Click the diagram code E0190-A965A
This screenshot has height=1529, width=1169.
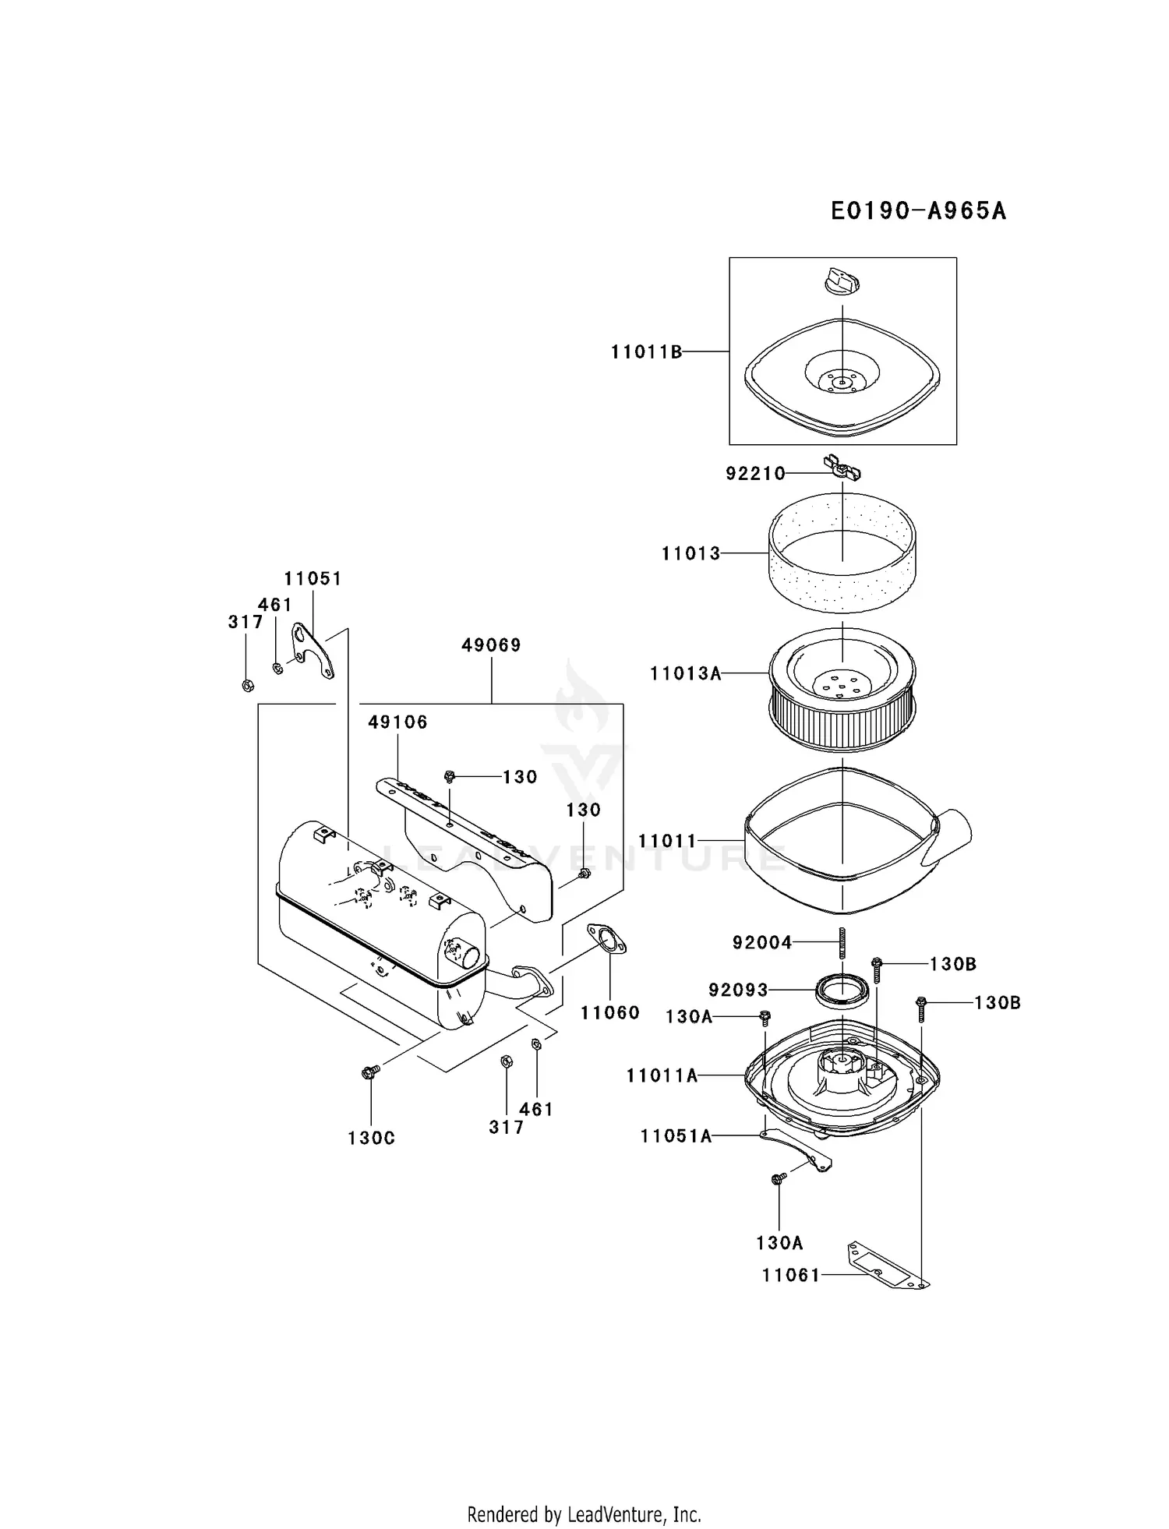(x=918, y=211)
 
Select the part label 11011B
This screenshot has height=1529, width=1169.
(x=646, y=352)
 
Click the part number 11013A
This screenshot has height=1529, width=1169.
(x=686, y=673)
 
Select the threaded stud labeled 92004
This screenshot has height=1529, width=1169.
(x=842, y=944)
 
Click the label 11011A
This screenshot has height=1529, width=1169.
(x=662, y=1076)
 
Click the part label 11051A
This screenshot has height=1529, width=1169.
(x=676, y=1137)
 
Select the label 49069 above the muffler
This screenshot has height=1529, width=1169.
(x=491, y=645)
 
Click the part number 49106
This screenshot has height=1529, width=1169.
(x=397, y=722)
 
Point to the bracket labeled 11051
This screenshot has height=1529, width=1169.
(x=313, y=649)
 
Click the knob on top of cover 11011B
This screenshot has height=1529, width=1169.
(x=842, y=281)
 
